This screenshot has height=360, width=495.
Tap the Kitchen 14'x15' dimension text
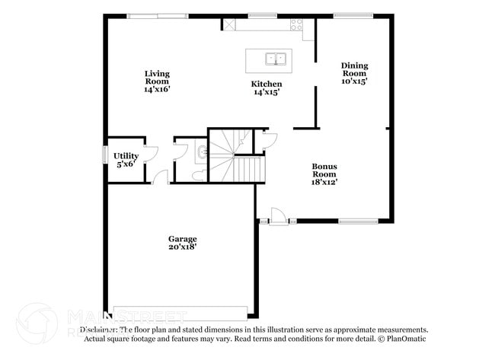pos(267,92)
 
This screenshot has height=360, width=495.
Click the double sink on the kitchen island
pos(275,57)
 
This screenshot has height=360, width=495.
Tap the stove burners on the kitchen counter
pos(297,24)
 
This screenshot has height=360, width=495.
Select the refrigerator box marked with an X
pos(228,24)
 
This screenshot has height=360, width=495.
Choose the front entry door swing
pos(279,215)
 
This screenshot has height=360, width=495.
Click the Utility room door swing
pos(151,152)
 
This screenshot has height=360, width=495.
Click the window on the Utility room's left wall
pos(105,154)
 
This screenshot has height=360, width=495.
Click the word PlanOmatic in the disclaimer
pos(407,338)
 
